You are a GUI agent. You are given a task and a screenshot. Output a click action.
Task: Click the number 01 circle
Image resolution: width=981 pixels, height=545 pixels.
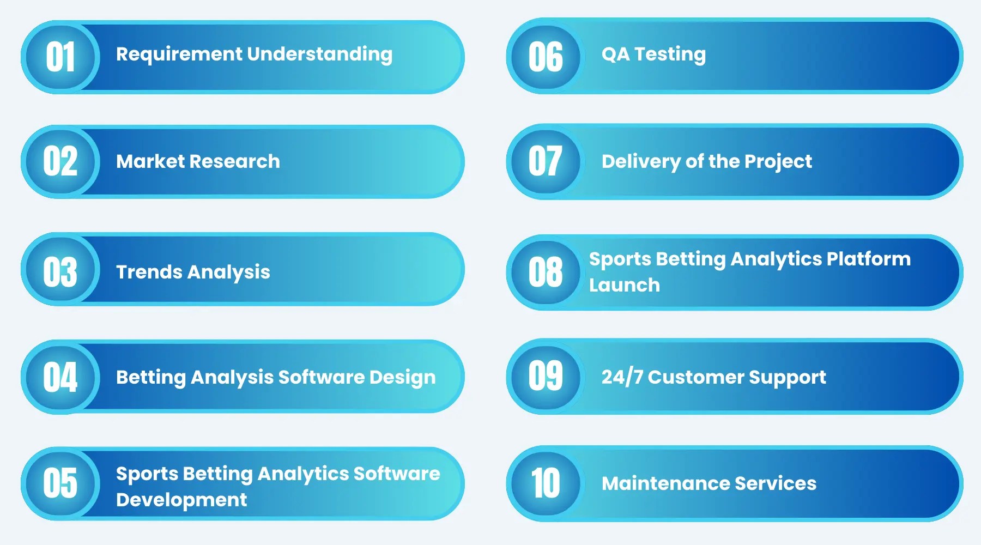pos(60,57)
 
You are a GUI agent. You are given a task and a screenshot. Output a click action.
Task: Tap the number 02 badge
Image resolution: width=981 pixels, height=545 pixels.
pos(60,162)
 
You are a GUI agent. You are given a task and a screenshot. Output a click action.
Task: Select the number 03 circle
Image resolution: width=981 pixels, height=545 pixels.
pos(60,271)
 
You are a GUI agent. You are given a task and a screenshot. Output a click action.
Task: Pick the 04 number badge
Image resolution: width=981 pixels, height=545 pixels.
pos(60,377)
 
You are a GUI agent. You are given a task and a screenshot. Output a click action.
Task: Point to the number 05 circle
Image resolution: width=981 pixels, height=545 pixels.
pos(60,483)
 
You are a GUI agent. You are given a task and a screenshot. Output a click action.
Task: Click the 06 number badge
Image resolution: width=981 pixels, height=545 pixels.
pos(545,57)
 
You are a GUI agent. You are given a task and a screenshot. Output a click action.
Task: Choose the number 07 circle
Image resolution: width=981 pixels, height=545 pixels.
pos(545,161)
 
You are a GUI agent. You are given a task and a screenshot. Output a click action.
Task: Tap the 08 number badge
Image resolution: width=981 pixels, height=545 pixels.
pos(545,271)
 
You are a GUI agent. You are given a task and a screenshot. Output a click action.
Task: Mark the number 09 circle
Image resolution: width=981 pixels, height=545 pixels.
pos(545,376)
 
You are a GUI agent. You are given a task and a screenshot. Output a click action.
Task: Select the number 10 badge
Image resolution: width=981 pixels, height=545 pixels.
pos(545,483)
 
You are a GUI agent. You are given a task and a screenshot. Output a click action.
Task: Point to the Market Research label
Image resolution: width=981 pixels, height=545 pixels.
pos(198,161)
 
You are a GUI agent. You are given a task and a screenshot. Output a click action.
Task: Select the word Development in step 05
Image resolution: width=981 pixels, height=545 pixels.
pos(181,500)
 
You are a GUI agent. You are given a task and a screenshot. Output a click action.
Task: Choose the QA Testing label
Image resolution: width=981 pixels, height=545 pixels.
pos(653,54)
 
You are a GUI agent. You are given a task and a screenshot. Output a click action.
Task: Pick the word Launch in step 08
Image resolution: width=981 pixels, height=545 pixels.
pos(624,285)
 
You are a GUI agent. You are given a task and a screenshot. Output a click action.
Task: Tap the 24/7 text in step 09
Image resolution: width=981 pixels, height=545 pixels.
pos(622,377)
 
